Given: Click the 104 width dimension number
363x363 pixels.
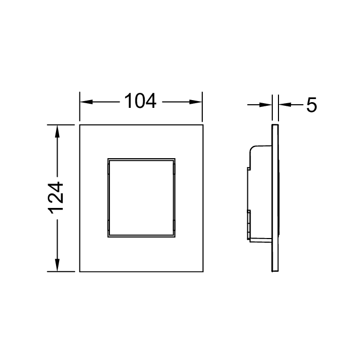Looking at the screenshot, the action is click(141, 101).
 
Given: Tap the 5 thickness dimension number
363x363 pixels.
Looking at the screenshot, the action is click(311, 105).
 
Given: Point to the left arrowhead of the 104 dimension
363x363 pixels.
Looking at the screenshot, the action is click(86, 102).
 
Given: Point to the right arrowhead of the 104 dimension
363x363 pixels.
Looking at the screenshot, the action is click(196, 102).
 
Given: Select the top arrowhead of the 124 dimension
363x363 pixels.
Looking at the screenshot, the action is click(57, 131).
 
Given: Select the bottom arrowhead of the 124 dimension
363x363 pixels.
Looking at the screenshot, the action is click(57, 265).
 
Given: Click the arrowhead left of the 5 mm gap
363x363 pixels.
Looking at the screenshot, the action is click(266, 105).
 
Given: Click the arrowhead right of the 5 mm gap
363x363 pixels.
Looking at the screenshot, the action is click(285, 105).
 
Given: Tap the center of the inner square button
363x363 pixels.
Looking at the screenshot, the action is click(142, 198).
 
